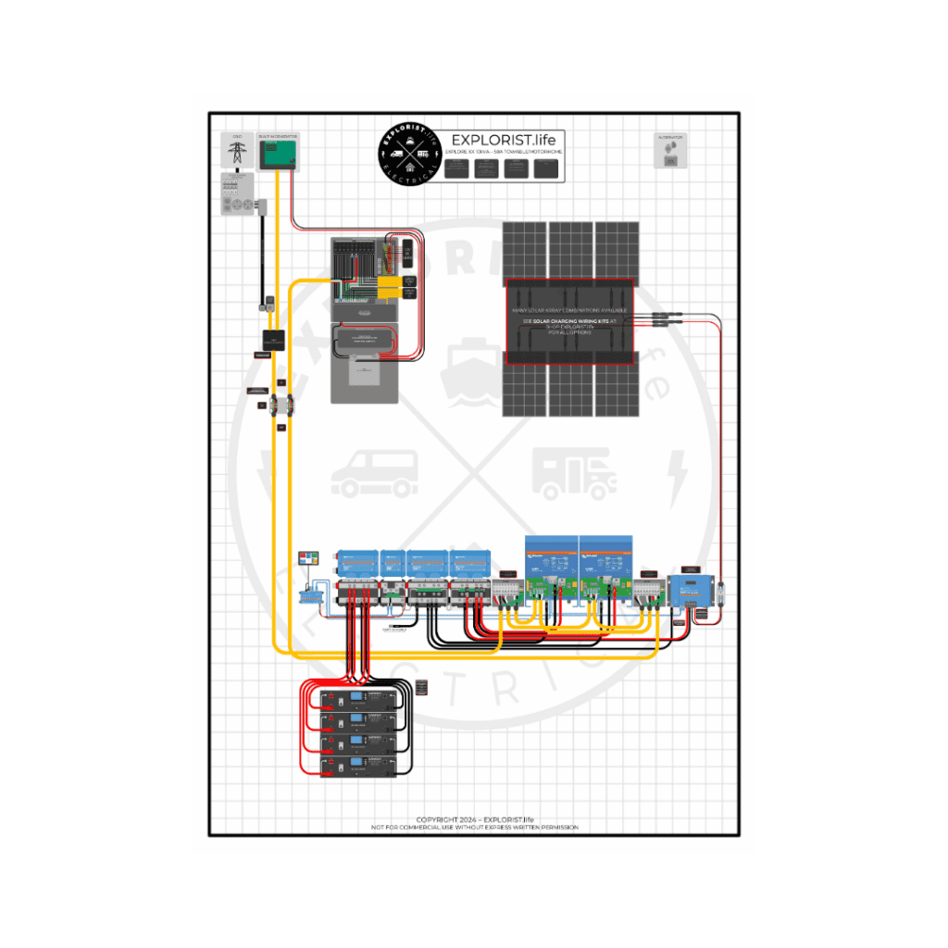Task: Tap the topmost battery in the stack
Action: click(357, 700)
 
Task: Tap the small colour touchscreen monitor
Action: click(308, 559)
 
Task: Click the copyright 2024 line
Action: click(474, 819)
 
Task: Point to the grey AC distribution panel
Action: click(368, 319)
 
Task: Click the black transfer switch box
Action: click(273, 340)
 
